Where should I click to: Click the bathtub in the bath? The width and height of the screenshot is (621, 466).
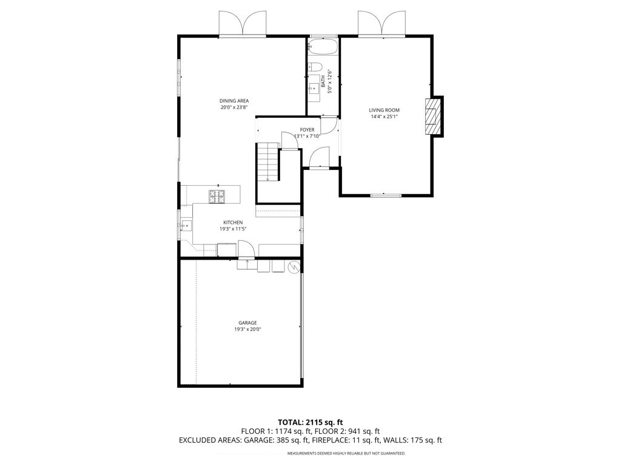point(323,47)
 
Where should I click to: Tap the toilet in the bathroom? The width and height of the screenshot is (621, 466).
point(315,67)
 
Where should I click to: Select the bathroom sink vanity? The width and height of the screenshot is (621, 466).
point(315,90)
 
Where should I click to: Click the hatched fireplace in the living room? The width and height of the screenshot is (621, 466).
point(433,116)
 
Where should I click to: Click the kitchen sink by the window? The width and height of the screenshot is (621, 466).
point(186,225)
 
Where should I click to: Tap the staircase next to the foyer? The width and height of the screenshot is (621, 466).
point(267,162)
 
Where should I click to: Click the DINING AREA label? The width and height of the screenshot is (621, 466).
point(234,101)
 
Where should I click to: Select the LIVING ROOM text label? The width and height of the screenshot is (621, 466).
point(384,110)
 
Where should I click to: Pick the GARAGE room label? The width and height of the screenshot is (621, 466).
point(247,322)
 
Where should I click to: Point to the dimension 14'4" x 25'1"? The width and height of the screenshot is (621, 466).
point(384,116)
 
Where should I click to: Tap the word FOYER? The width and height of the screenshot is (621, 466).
point(307,130)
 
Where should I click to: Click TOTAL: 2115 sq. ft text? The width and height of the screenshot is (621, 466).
point(310,422)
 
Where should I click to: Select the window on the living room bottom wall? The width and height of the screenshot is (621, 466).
point(386,195)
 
